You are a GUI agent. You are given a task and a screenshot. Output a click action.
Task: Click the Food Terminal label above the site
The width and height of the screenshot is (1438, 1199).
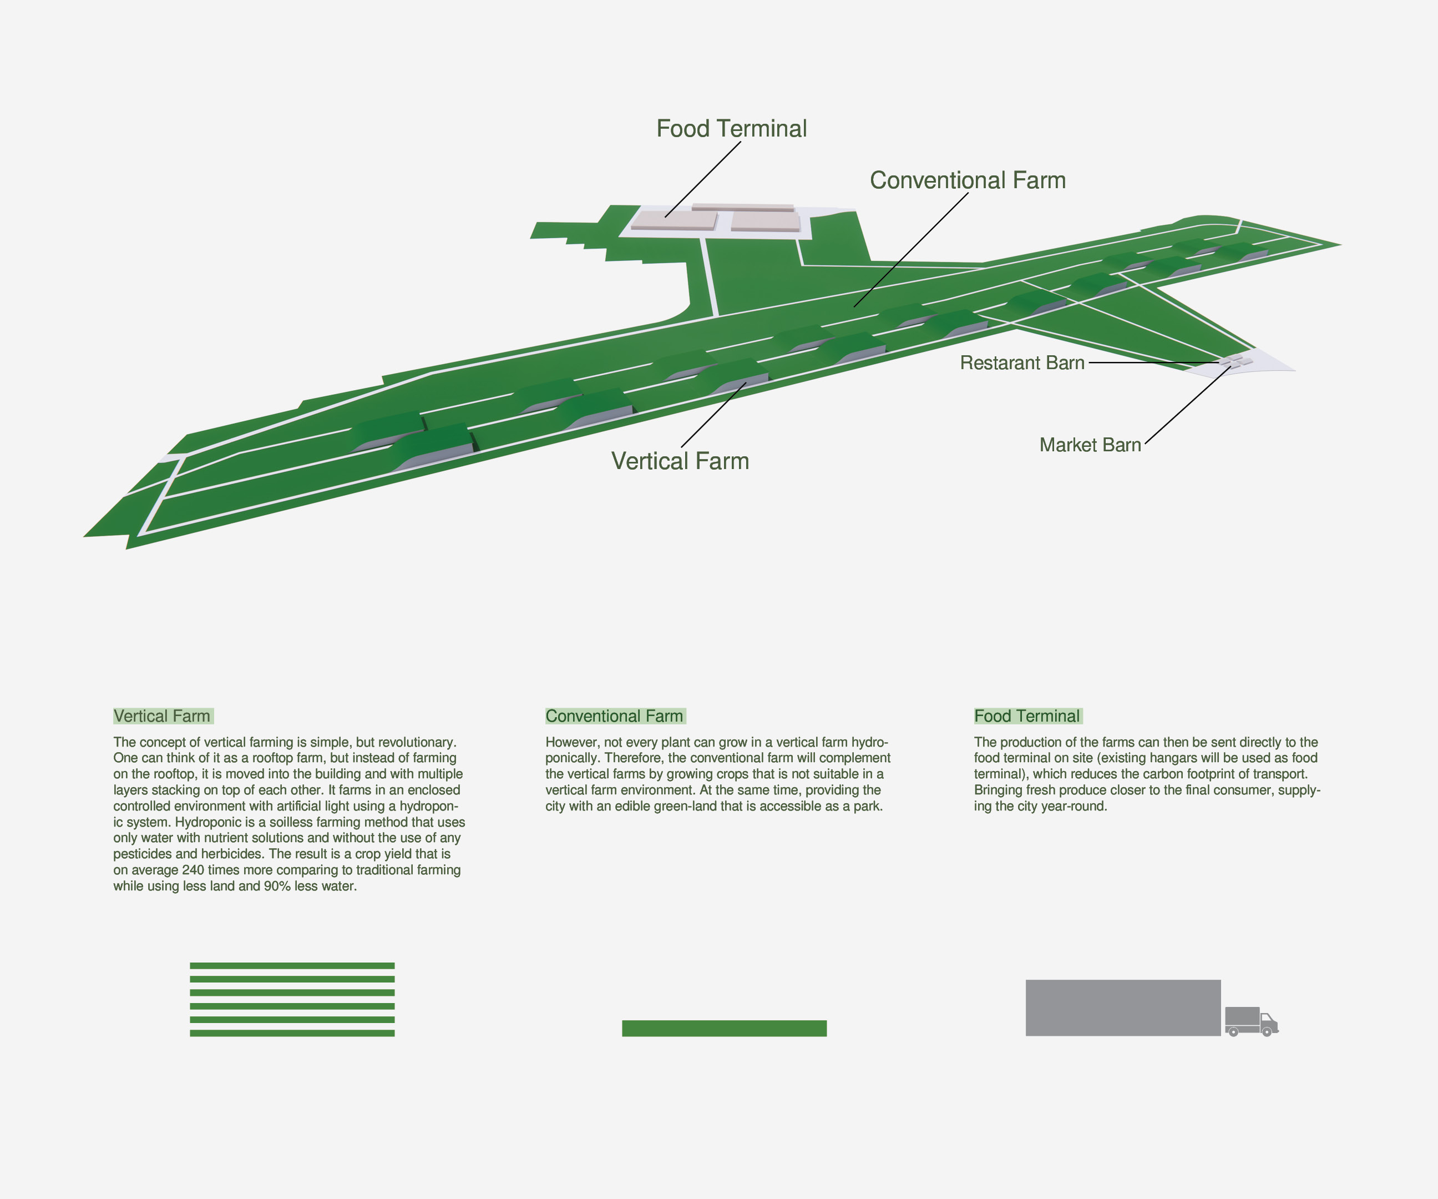[731, 129]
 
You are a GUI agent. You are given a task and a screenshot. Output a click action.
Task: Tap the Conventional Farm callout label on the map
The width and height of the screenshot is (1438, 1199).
[968, 180]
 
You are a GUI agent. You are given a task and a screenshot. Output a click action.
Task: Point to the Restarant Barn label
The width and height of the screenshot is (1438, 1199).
[1022, 363]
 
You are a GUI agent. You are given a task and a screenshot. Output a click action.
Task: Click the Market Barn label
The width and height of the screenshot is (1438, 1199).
[1090, 445]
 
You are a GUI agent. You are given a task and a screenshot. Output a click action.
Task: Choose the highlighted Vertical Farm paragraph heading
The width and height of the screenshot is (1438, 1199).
[163, 716]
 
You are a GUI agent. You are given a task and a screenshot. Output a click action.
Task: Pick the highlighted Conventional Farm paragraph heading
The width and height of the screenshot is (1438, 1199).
[614, 716]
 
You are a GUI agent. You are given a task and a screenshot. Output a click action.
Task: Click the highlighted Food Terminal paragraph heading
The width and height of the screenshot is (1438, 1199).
[1027, 716]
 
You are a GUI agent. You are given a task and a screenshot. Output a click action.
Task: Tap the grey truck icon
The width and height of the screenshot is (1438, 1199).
[1251, 1021]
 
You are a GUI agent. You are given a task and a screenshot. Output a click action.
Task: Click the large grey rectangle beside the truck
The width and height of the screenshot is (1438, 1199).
[1123, 1007]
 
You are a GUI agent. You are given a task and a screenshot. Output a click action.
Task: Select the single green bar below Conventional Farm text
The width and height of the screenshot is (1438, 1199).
[724, 1027]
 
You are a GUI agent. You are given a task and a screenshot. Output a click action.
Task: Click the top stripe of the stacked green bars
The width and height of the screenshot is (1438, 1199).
[292, 966]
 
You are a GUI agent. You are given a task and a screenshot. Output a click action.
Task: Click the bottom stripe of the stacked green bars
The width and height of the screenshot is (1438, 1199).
[292, 1033]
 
